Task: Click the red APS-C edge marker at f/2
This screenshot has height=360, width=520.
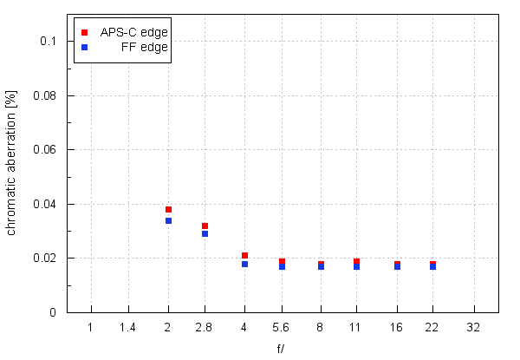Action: pyautogui.click(x=168, y=209)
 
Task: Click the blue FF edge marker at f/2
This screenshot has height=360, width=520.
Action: pyautogui.click(x=168, y=220)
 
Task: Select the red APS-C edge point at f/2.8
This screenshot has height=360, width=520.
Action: pyautogui.click(x=205, y=226)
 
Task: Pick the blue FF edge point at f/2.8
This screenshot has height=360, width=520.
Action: pyautogui.click(x=205, y=233)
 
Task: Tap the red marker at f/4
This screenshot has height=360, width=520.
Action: pyautogui.click(x=244, y=255)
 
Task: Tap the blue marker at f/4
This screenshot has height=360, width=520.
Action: pyautogui.click(x=244, y=264)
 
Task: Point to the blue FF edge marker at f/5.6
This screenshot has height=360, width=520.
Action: pyautogui.click(x=283, y=266)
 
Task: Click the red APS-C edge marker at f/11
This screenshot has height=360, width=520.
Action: pyautogui.click(x=357, y=261)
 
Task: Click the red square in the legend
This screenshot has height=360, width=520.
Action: pyautogui.click(x=84, y=32)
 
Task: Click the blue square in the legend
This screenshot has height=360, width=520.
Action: pyautogui.click(x=84, y=47)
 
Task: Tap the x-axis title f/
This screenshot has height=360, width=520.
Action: pyautogui.click(x=282, y=350)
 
